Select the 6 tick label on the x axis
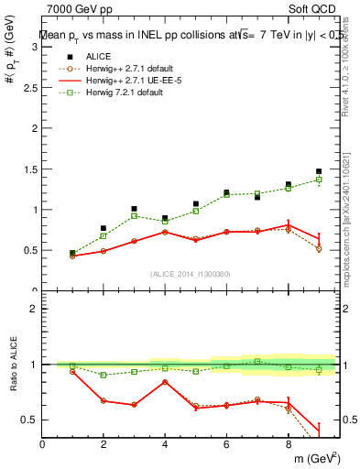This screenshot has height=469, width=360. tap(226, 445)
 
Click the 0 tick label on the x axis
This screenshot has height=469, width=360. tap(43, 445)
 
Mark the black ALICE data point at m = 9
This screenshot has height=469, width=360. tap(319, 171)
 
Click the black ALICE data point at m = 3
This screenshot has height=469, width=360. tap(134, 209)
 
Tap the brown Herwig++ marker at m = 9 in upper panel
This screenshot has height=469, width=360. tap(319, 249)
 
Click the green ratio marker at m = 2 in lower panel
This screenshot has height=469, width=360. tap(104, 375)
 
